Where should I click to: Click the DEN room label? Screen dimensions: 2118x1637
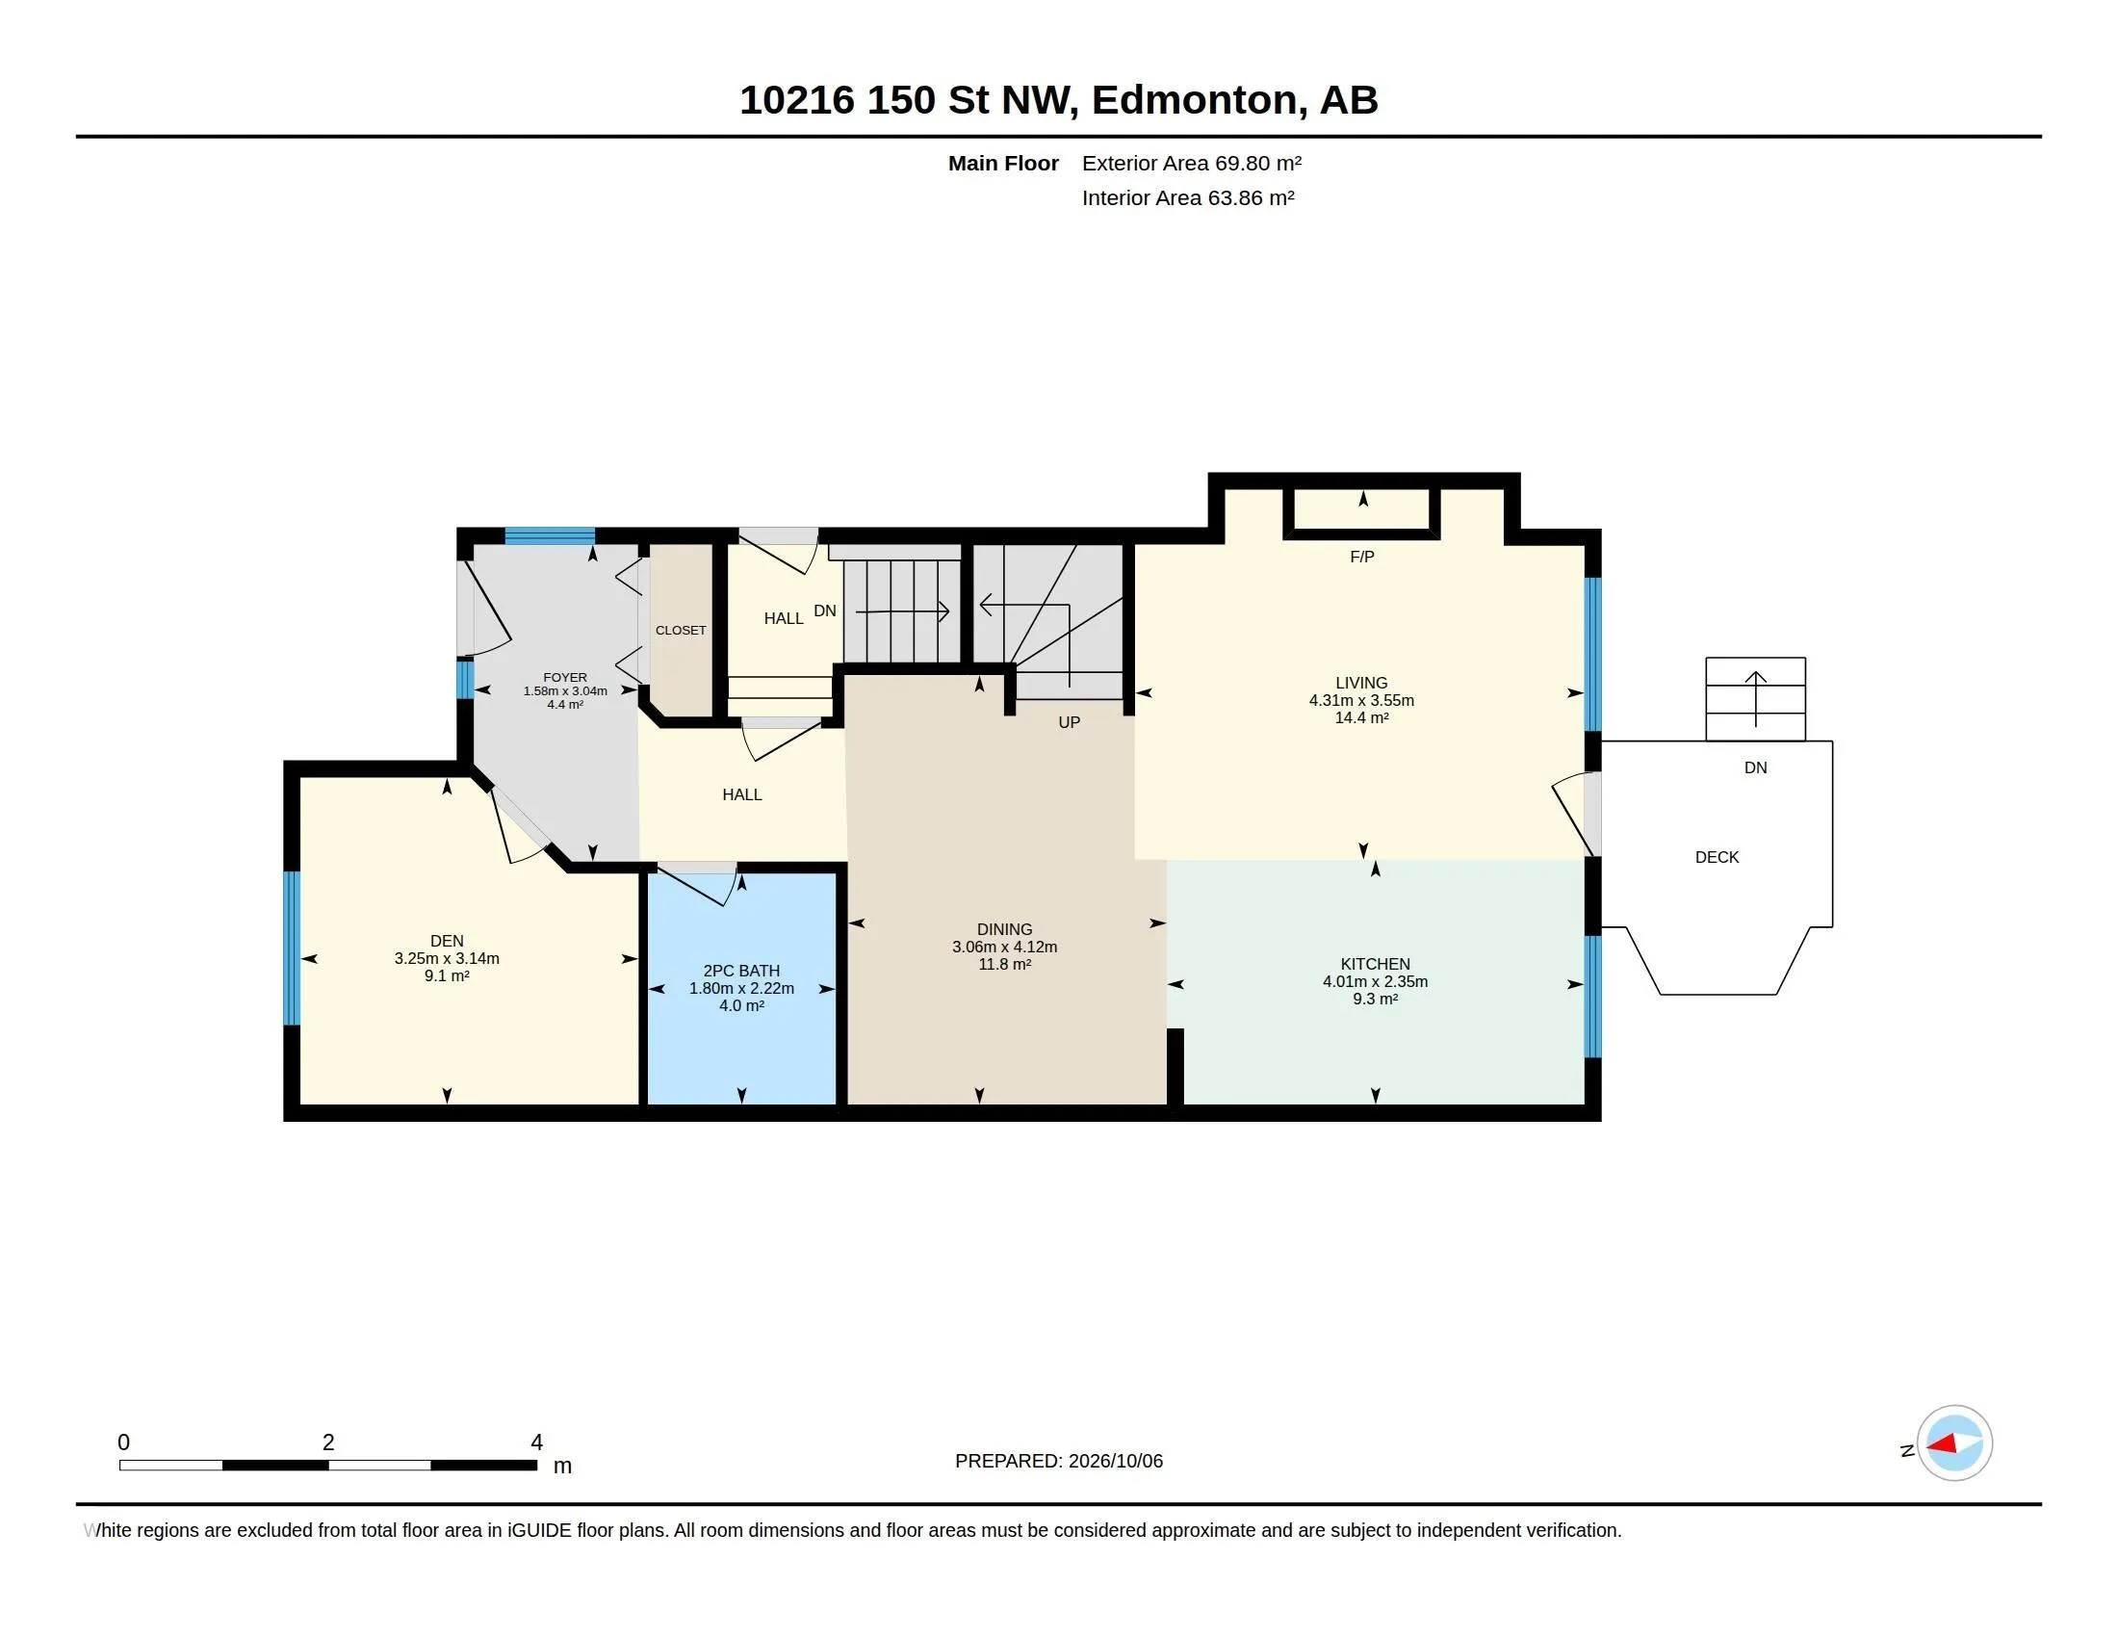[447, 941]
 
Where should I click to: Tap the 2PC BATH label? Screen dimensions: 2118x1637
[742, 971]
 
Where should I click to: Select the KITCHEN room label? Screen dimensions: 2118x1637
[1375, 964]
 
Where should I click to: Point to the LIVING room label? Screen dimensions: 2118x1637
[1361, 683]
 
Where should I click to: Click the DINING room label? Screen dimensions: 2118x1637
[1005, 929]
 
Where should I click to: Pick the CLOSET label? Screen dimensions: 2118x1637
[681, 631]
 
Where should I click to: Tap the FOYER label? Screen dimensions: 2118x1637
[565, 678]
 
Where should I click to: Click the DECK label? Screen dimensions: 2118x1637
[1717, 857]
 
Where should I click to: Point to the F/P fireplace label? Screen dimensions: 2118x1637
[1361, 557]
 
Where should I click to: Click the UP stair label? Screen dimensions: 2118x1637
[1069, 722]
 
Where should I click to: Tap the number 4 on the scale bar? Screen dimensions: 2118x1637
[536, 1442]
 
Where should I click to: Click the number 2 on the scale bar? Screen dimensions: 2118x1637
[328, 1442]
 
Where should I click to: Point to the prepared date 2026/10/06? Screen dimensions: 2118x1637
[1115, 1461]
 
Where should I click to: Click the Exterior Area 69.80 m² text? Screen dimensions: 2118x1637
[1192, 163]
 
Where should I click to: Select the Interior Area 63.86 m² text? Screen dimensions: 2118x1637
[1188, 197]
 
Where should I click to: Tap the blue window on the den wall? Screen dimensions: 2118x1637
[291, 948]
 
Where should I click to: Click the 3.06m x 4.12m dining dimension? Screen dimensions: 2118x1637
[1005, 947]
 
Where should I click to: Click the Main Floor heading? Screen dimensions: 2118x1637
[1003, 163]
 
